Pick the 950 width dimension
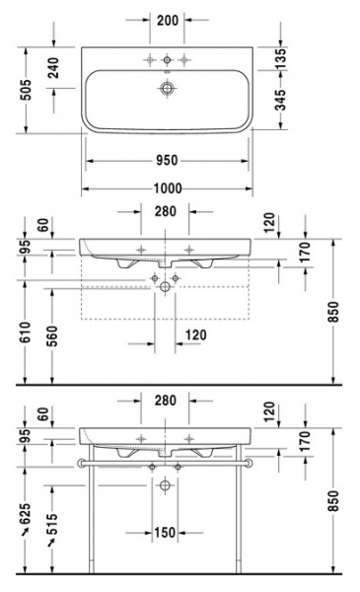165,159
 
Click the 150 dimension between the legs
165,533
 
